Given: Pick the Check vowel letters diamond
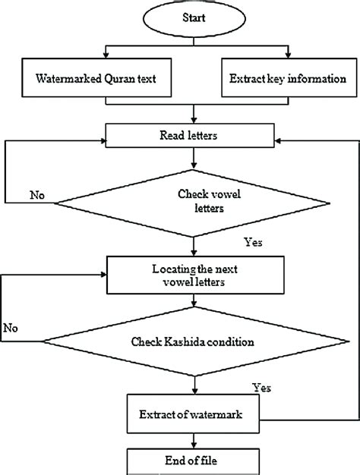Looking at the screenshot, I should pyautogui.click(x=196, y=203).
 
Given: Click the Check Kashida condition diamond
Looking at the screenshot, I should pyautogui.click(x=196, y=342).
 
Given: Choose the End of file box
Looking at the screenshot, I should pyautogui.click(x=196, y=459).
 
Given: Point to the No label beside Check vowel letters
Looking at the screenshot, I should pyautogui.click(x=36, y=195).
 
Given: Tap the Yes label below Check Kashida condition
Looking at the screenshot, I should pyautogui.click(x=262, y=388).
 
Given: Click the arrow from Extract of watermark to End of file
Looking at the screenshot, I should pyautogui.click(x=196, y=439).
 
